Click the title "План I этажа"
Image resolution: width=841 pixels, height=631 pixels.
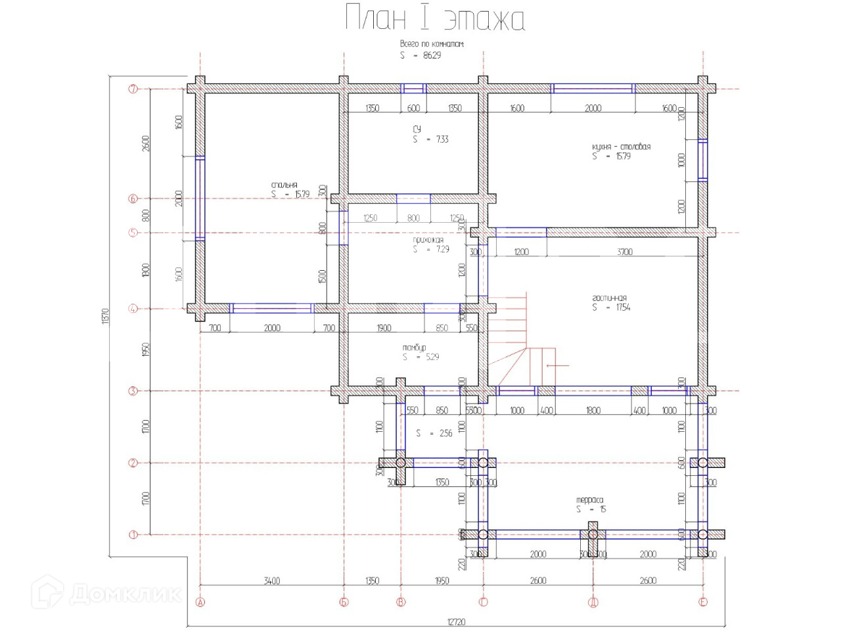(x=435, y=18)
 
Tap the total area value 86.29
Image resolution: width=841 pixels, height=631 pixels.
(x=432, y=55)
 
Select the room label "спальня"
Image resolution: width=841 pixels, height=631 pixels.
(x=284, y=185)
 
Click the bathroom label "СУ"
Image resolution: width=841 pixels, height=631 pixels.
(x=417, y=129)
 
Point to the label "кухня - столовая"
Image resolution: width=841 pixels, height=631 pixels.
(x=621, y=147)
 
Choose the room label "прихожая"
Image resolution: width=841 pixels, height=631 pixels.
(x=428, y=240)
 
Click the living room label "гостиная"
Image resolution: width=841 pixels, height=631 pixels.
(x=609, y=298)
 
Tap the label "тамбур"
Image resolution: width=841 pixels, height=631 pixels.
(x=414, y=347)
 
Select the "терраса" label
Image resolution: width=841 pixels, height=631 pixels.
(x=589, y=500)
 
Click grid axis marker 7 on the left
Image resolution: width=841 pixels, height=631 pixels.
(x=133, y=89)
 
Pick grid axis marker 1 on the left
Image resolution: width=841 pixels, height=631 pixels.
(x=133, y=534)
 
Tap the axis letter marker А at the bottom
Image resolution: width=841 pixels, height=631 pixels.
(x=200, y=602)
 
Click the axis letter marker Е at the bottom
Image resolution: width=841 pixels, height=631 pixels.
(x=703, y=602)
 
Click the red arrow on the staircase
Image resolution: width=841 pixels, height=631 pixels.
(x=557, y=365)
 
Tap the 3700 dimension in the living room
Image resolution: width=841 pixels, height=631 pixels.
(x=625, y=252)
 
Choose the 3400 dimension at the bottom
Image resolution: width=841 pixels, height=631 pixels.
(x=271, y=580)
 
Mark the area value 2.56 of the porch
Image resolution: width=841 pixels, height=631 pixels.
(x=445, y=433)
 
